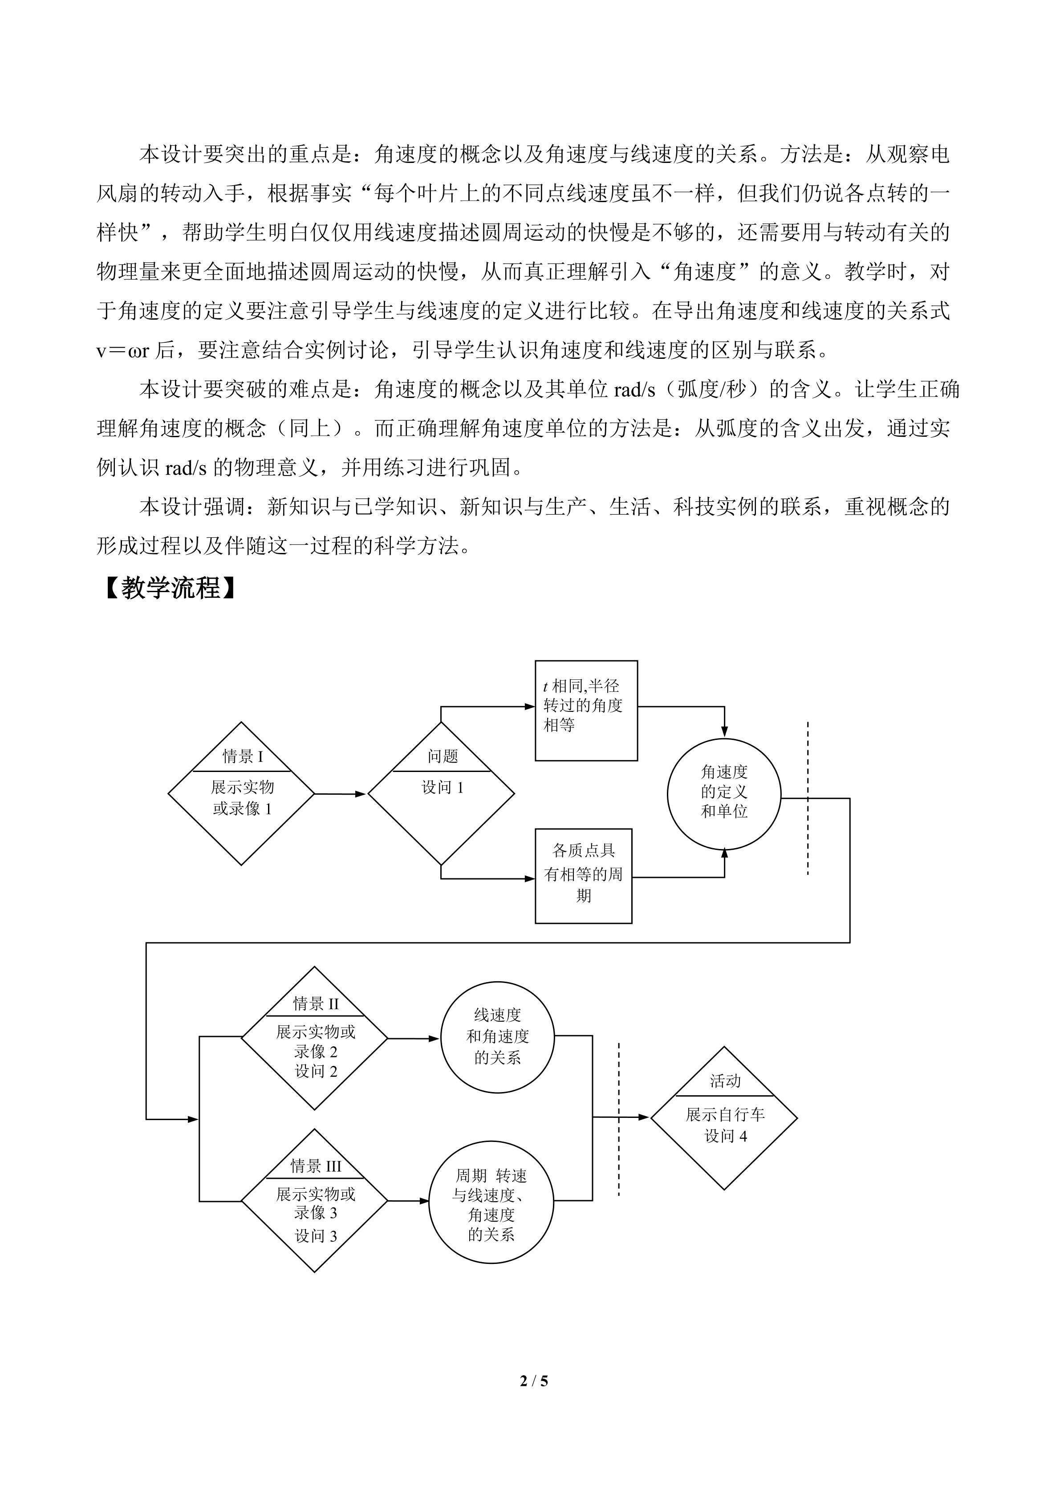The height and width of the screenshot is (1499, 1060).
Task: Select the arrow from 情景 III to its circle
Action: point(408,1201)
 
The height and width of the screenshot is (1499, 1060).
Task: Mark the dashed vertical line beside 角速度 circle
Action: point(808,798)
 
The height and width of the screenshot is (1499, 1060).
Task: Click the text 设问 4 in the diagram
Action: point(725,1137)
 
